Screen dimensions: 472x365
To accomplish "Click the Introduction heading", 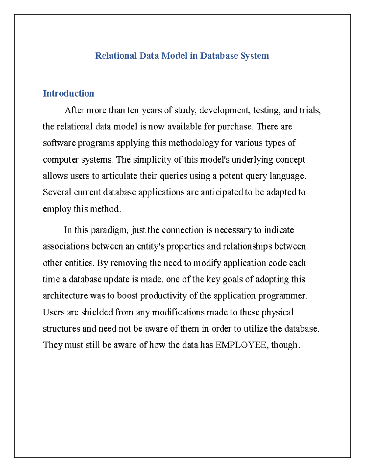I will pyautogui.click(x=68, y=94).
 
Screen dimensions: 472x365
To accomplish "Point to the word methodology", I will pyautogui.click(x=193, y=143).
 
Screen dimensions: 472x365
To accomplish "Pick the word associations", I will pyautogui.click(x=66, y=246).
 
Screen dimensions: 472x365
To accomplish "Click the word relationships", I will pyautogui.click(x=248, y=246).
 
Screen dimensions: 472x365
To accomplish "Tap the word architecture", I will pyautogui.click(x=65, y=296).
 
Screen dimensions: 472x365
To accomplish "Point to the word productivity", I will pyautogui.click(x=164, y=296).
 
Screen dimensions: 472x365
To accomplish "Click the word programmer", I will pyautogui.click(x=283, y=296).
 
